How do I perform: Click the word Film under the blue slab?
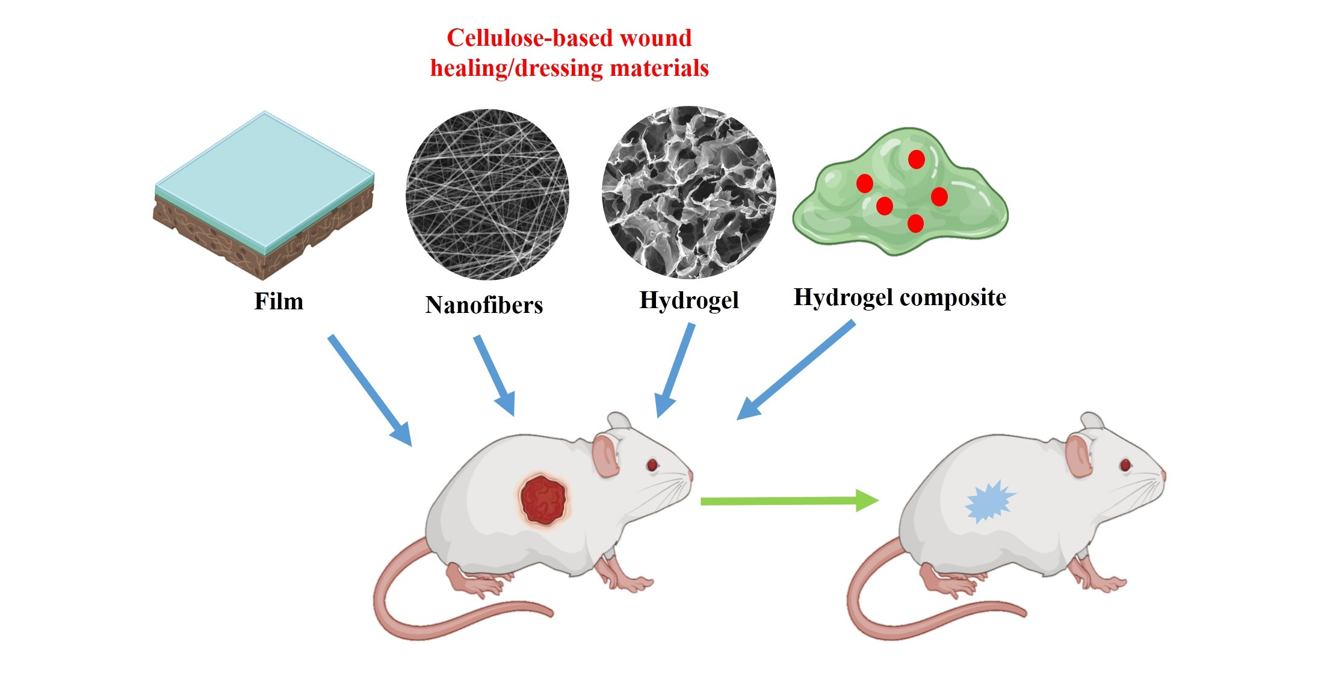(279, 301)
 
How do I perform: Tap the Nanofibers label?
(484, 305)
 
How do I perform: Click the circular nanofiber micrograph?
(487, 194)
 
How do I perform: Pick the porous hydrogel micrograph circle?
(688, 193)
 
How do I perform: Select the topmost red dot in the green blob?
(916, 159)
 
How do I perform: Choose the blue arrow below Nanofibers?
(494, 375)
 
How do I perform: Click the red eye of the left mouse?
(652, 465)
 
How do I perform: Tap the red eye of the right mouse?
(1125, 465)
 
